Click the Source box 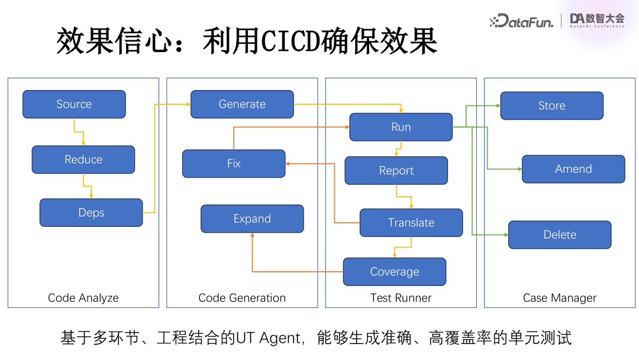pyautogui.click(x=74, y=104)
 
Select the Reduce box pyautogui.click(x=83, y=159)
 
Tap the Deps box pyautogui.click(x=91, y=213)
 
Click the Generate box pyautogui.click(x=242, y=104)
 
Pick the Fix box pyautogui.click(x=234, y=163)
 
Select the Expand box pyautogui.click(x=252, y=218)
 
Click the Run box pyautogui.click(x=401, y=127)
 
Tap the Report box pyautogui.click(x=396, y=171)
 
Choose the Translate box pyautogui.click(x=411, y=223)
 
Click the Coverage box pyautogui.click(x=394, y=272)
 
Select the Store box pyautogui.click(x=551, y=105)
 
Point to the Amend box pyautogui.click(x=573, y=169)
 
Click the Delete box pyautogui.click(x=559, y=234)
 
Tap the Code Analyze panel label pyautogui.click(x=83, y=298)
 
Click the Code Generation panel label pyautogui.click(x=242, y=298)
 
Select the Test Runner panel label pyautogui.click(x=401, y=298)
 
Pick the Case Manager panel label pyautogui.click(x=560, y=298)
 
